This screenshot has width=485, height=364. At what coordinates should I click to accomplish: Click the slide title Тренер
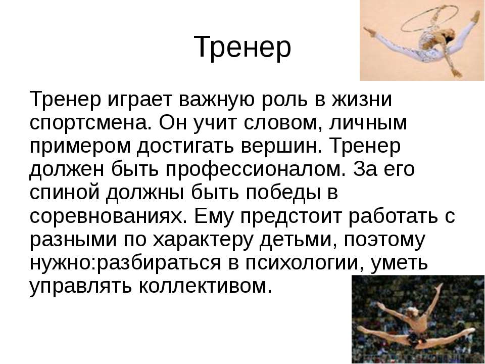(x=242, y=48)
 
